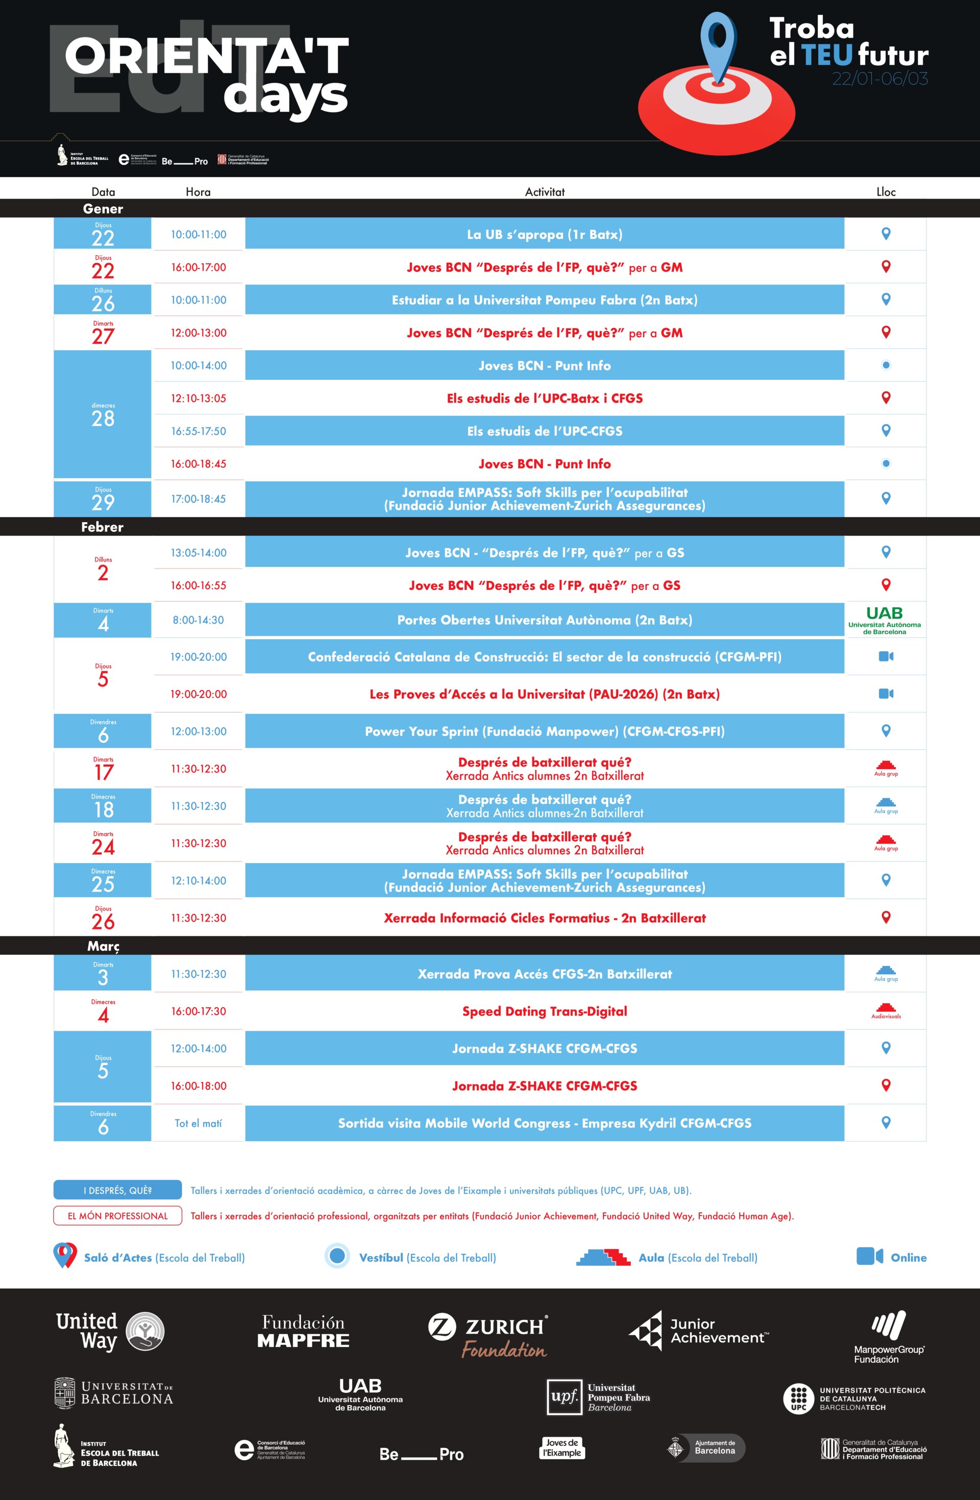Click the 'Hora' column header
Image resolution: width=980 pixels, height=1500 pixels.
pos(198,191)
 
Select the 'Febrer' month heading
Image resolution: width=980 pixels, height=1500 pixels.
pos(102,527)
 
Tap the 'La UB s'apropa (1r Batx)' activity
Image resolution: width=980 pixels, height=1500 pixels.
pos(545,234)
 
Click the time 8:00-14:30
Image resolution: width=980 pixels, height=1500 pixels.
pos(198,620)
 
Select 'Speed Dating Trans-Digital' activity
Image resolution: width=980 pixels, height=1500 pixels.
pos(545,1012)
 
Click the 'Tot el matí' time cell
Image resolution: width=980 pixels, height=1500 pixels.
pos(198,1124)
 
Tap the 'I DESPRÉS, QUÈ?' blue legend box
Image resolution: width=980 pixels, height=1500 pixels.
pos(117,1191)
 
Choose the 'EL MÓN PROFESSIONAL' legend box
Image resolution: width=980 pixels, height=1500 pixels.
pos(117,1216)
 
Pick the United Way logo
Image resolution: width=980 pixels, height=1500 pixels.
pos(110,1331)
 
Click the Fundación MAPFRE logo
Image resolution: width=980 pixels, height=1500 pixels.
pos(303,1331)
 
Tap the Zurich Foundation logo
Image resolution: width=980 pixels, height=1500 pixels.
pos(488,1335)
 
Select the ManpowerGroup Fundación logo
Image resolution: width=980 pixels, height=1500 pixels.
pos(889,1336)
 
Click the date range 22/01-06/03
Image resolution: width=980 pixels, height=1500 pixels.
pos(880,79)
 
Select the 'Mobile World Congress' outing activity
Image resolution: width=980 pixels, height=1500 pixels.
pos(545,1124)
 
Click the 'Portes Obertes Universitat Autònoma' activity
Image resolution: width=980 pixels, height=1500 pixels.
pos(545,620)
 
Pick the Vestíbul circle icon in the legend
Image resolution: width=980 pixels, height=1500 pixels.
pos(337,1256)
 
